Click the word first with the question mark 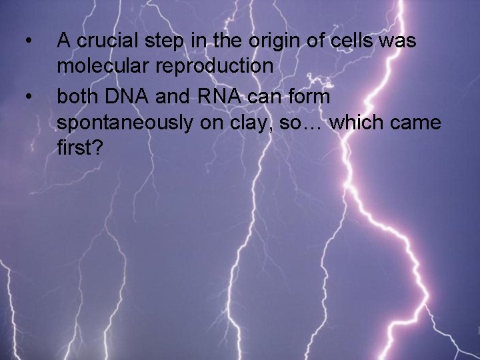click(x=80, y=149)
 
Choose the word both click(x=77, y=97)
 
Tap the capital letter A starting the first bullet click(x=65, y=41)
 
